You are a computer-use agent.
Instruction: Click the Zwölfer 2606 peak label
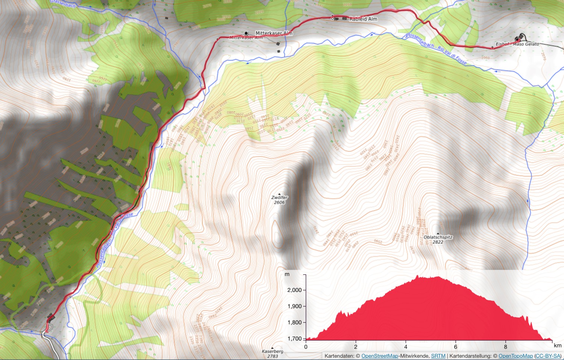click(279, 200)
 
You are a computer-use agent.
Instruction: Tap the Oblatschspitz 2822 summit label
click(438, 240)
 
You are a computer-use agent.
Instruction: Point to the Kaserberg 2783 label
click(273, 354)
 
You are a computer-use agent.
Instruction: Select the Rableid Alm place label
click(363, 19)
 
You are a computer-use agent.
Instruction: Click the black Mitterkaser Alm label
click(274, 33)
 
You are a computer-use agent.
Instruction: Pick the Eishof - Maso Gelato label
click(517, 44)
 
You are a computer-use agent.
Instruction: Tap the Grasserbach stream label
click(63, 4)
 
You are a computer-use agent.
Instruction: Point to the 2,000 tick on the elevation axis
click(295, 290)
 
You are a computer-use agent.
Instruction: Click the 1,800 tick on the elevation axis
click(295, 322)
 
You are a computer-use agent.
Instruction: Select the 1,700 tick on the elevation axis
click(295, 339)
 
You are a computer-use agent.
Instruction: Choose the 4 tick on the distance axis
click(406, 347)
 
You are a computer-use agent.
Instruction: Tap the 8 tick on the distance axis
click(506, 347)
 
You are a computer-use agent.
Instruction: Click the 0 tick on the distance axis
click(306, 347)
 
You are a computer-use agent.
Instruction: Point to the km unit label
click(558, 345)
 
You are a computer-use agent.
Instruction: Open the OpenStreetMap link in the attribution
click(379, 356)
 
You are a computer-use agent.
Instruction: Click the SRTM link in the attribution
click(438, 356)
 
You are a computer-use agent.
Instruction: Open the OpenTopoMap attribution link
click(515, 356)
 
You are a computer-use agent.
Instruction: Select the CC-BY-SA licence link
click(548, 356)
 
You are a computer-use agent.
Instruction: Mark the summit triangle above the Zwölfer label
click(279, 194)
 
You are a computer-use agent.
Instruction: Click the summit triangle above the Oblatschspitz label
click(438, 234)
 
